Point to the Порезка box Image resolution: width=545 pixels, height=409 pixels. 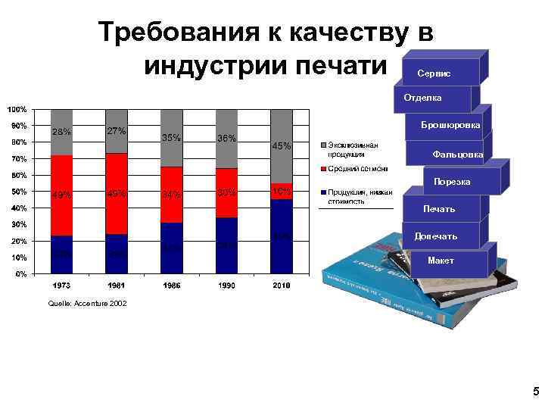pos(451,182)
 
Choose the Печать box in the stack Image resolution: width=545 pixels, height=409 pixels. pos(440,208)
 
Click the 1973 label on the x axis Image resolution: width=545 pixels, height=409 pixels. pos(62,286)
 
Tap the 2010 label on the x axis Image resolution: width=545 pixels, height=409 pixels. pos(282,286)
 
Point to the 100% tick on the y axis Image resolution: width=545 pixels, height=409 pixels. pos(17,109)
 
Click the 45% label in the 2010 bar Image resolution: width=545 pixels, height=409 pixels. pos(282,146)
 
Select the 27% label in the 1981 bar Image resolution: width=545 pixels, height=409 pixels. pos(117,130)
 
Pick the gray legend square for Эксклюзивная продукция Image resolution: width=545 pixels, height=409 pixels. pos(323,143)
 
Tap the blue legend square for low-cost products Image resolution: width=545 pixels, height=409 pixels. pos(323,192)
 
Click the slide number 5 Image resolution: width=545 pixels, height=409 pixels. pos(534,392)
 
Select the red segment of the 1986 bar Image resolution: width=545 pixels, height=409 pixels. pos(172,195)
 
